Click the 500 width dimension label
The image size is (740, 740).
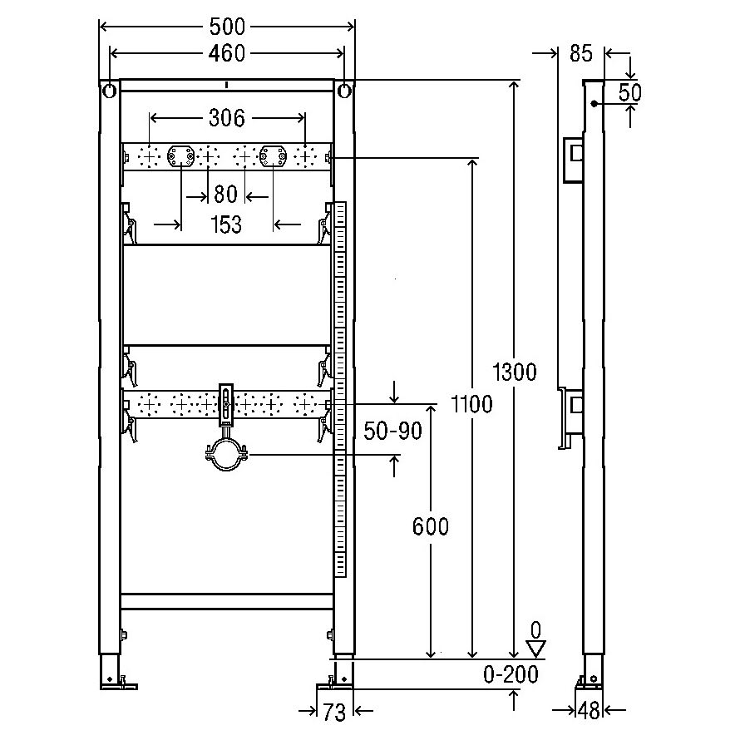pyautogui.click(x=227, y=27)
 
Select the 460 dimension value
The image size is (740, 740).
pyautogui.click(x=227, y=53)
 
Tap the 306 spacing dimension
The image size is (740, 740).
pyautogui.click(x=227, y=118)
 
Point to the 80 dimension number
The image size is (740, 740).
pyautogui.click(x=225, y=194)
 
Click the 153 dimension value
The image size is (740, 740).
pyautogui.click(x=226, y=224)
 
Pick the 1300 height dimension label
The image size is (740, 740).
pyautogui.click(x=515, y=372)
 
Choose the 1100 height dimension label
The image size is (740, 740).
pyautogui.click(x=471, y=404)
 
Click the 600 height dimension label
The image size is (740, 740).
pyautogui.click(x=431, y=526)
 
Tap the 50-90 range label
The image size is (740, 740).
pyautogui.click(x=392, y=431)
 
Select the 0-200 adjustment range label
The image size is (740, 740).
pyautogui.click(x=511, y=675)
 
